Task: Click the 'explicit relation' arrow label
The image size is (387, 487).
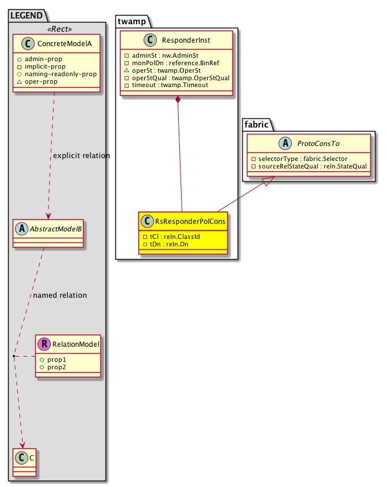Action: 81,156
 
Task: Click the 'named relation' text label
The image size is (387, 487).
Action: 60,295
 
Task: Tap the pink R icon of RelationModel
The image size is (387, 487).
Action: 44,345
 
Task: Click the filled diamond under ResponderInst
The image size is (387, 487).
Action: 179,102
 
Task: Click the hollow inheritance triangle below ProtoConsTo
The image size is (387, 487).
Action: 266,183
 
